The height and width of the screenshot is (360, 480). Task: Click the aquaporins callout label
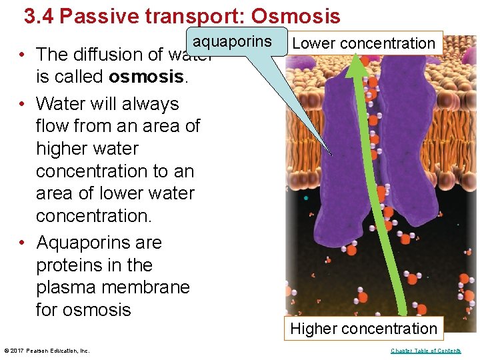click(233, 42)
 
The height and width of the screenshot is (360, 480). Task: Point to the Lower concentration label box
click(363, 43)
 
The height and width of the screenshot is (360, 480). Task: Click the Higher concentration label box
click(363, 329)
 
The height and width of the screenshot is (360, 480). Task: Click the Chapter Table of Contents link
click(425, 351)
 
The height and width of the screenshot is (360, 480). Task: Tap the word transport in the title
click(187, 16)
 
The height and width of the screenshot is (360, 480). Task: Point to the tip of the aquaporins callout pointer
click(331, 155)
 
